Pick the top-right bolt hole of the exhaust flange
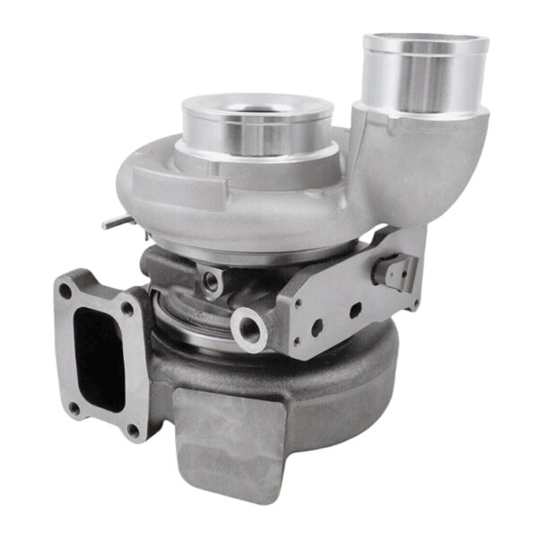click(126, 309)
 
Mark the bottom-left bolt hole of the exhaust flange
click(74, 407)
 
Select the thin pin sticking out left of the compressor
click(112, 222)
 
